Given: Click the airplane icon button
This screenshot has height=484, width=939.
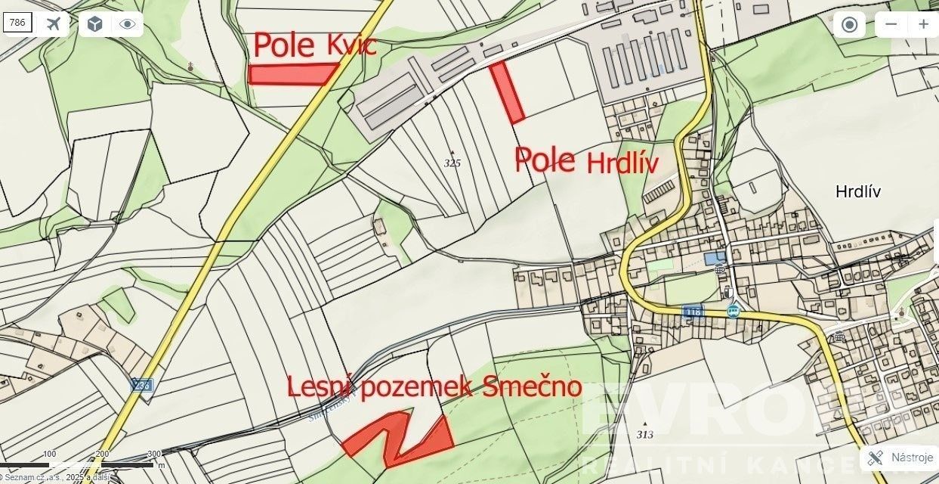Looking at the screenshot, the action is point(53,24).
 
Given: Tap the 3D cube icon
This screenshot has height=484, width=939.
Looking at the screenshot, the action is point(94,24).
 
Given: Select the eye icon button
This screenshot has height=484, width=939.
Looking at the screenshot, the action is point(127,24).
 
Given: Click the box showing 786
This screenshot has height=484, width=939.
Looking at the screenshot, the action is point(17,23).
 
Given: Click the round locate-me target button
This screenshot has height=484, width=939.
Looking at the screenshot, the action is point(849,24).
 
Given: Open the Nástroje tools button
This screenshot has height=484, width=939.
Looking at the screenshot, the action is point(899,458).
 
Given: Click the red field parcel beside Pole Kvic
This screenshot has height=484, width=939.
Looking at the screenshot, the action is point(292,74).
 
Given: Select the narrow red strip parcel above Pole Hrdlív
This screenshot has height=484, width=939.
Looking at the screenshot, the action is point(507,92).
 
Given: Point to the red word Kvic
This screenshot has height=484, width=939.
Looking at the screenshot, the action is point(351,47).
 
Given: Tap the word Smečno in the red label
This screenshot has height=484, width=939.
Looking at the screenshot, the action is point(532,387).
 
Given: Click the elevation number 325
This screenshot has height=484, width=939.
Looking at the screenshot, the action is point(453,163).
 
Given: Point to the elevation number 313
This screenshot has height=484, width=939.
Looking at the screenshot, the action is point(644,434).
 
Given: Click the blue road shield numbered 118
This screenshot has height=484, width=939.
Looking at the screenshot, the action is point(692,312).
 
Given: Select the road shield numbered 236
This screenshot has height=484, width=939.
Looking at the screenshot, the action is point(141,385).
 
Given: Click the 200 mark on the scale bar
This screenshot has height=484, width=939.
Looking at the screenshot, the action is point(102,454).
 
